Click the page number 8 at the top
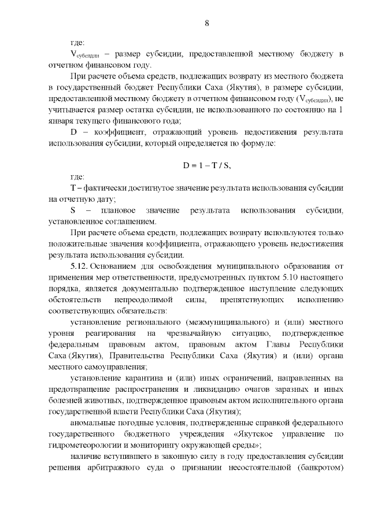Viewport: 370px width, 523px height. tap(206, 23)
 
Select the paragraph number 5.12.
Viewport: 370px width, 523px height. tap(79, 266)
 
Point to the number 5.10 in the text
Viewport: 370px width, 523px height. tap(281, 277)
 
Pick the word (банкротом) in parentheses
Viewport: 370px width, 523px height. tap(320, 467)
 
